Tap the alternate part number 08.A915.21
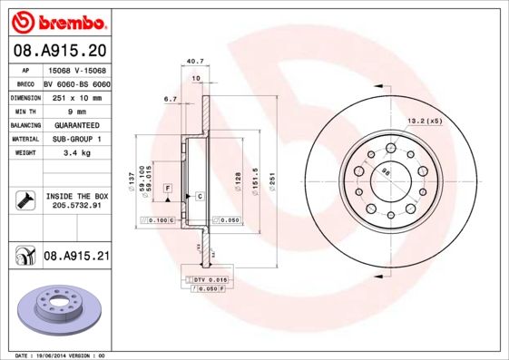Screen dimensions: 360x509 tap(76, 257)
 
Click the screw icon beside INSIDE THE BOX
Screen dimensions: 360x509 tap(23, 200)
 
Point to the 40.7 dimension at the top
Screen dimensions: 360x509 tap(192, 62)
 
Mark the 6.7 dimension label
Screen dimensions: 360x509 tap(170, 98)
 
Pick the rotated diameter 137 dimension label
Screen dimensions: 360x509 tap(132, 180)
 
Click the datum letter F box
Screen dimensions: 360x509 tap(168, 188)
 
